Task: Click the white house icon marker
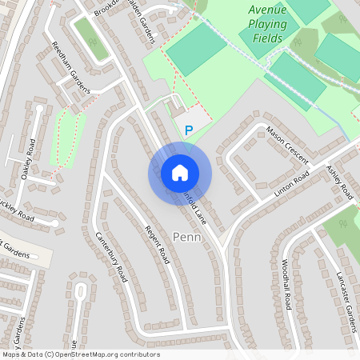(x=180, y=173)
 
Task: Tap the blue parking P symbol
(x=189, y=130)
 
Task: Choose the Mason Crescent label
(x=286, y=141)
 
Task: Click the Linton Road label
(x=291, y=184)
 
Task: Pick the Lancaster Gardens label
(x=346, y=296)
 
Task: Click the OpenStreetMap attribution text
(x=80, y=354)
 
